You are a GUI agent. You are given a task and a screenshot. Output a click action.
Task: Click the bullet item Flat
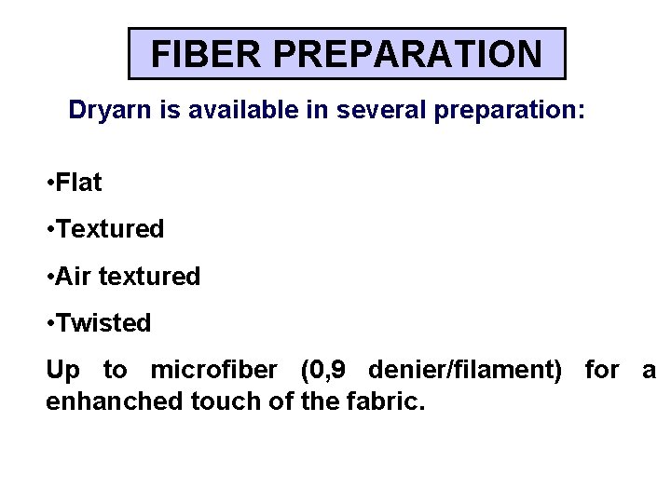[x=79, y=183]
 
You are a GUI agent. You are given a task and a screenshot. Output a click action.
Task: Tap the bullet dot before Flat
[x=49, y=184]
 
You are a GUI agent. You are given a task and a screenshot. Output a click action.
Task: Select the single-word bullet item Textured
[x=110, y=229]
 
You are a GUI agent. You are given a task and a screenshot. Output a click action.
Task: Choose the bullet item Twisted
[x=103, y=323]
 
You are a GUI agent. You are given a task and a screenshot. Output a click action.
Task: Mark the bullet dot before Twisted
[x=49, y=324]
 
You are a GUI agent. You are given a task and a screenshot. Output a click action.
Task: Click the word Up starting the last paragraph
[x=62, y=371]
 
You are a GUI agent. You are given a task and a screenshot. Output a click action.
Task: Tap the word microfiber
[x=213, y=371]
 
